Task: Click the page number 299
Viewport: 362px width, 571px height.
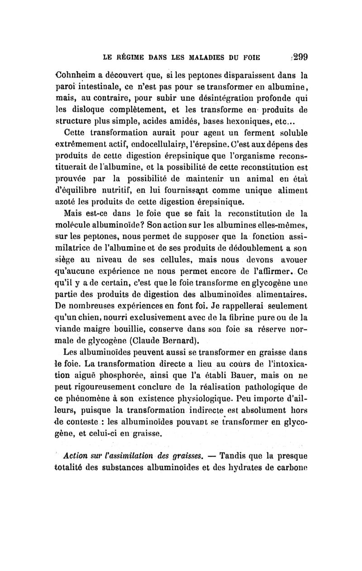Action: (300, 57)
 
